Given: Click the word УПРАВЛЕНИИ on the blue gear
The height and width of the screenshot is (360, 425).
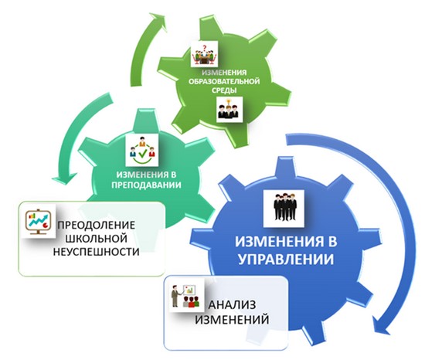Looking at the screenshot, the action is (x=286, y=259).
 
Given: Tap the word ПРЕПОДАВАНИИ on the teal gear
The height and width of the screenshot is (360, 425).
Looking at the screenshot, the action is (x=146, y=185).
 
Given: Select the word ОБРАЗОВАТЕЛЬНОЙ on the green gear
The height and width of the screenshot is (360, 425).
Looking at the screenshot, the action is (x=224, y=81).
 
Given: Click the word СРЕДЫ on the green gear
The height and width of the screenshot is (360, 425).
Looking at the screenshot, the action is (x=224, y=90).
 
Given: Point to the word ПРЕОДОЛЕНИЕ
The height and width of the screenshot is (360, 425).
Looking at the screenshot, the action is (x=97, y=225).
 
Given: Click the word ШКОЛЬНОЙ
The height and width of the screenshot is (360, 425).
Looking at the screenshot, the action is (x=97, y=239).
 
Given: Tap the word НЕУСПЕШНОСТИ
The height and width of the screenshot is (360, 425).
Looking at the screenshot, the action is (x=97, y=252).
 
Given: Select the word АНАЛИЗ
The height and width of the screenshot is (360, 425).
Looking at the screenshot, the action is (x=232, y=305).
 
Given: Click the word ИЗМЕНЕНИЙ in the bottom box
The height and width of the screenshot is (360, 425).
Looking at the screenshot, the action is (x=232, y=320).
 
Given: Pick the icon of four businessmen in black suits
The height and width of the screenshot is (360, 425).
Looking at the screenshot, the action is (x=284, y=209).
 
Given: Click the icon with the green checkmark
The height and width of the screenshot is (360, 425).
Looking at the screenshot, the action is (x=141, y=150).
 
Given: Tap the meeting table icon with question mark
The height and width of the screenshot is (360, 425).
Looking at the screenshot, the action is (x=204, y=54).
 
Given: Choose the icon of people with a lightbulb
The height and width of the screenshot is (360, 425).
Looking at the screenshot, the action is (x=229, y=109).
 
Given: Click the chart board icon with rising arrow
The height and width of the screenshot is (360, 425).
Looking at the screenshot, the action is (x=38, y=221).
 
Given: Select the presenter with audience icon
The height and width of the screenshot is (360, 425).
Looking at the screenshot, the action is (x=186, y=295).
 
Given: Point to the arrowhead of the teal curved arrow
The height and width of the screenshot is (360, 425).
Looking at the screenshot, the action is (x=63, y=179).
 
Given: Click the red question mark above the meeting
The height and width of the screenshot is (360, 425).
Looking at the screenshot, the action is (x=204, y=45).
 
